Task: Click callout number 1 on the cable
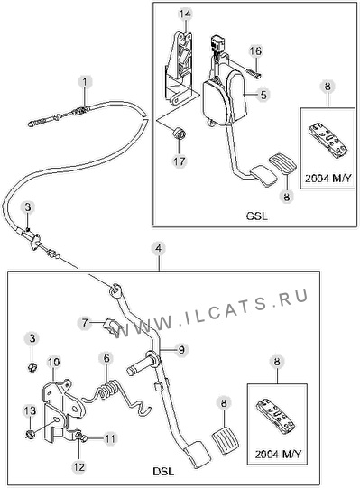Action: point(85,82)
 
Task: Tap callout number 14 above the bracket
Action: point(186,14)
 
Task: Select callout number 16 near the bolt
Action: point(255,51)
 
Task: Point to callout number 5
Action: point(263,95)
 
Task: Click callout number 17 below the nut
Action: point(180,161)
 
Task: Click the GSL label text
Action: point(257,216)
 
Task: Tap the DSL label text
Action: point(163,471)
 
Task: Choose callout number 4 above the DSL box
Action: point(159,249)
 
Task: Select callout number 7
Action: point(85,323)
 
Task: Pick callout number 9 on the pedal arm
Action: point(181,349)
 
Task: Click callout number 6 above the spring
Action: point(106,358)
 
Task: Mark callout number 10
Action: point(53,362)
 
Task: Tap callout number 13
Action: point(30,411)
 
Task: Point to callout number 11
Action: point(109,438)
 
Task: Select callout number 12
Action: point(78,467)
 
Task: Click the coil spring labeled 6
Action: point(107,391)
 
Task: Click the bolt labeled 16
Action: point(243,68)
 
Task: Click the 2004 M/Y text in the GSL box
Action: point(328,179)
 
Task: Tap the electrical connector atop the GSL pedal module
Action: point(217,43)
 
